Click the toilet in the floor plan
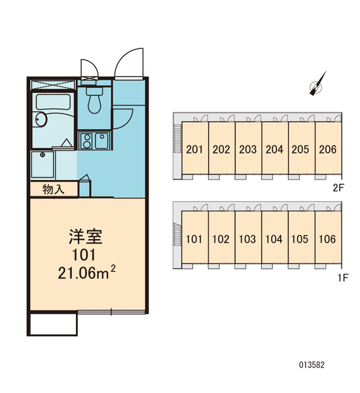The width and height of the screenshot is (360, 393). (94, 100)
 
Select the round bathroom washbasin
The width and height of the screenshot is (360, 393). (41, 120)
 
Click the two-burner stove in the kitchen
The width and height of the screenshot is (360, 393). (87, 141)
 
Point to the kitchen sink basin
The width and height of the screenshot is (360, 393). (101, 140)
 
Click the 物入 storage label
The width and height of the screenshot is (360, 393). (54, 189)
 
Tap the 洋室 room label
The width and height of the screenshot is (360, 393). (86, 236)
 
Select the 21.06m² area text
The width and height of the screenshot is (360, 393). (87, 272)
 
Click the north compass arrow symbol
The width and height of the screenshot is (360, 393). (317, 83)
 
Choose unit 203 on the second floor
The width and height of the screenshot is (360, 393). (248, 149)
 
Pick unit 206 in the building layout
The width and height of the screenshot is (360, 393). (328, 149)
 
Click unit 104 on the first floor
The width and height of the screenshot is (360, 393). (274, 239)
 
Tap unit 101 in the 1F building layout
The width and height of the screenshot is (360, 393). (194, 239)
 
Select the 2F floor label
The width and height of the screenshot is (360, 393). (338, 187)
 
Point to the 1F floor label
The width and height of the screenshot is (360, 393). (343, 278)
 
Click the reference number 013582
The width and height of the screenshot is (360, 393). (312, 365)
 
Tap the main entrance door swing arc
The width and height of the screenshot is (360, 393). (125, 58)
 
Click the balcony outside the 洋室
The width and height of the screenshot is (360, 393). (52, 324)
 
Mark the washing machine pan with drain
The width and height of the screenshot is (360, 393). (43, 164)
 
